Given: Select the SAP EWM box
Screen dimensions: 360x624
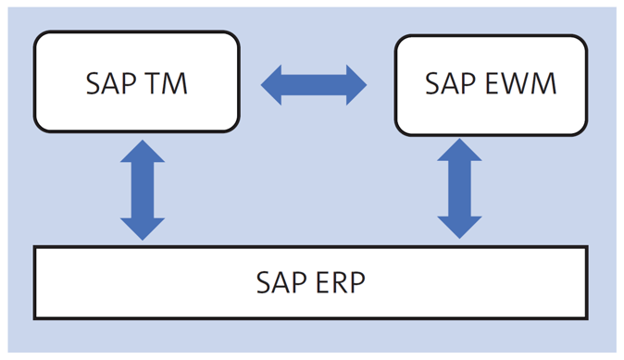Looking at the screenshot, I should pyautogui.click(x=491, y=83).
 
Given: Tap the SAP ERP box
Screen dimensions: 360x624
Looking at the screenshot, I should pyautogui.click(x=310, y=281).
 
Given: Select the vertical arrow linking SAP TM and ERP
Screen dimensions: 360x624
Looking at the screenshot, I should pyautogui.click(x=143, y=190).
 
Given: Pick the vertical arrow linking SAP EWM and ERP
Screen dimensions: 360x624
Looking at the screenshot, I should pyautogui.click(x=460, y=190).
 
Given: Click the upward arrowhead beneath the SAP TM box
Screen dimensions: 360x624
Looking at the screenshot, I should pyautogui.click(x=143, y=151).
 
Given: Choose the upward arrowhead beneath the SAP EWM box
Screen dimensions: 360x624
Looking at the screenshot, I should pyautogui.click(x=460, y=151).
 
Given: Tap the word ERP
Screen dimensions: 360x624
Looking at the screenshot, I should pyautogui.click(x=341, y=281).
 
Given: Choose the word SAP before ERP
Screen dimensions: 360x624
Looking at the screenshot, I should pyautogui.click(x=281, y=281).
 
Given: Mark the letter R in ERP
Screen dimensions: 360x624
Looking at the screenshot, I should pyautogui.click(x=341, y=281).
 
